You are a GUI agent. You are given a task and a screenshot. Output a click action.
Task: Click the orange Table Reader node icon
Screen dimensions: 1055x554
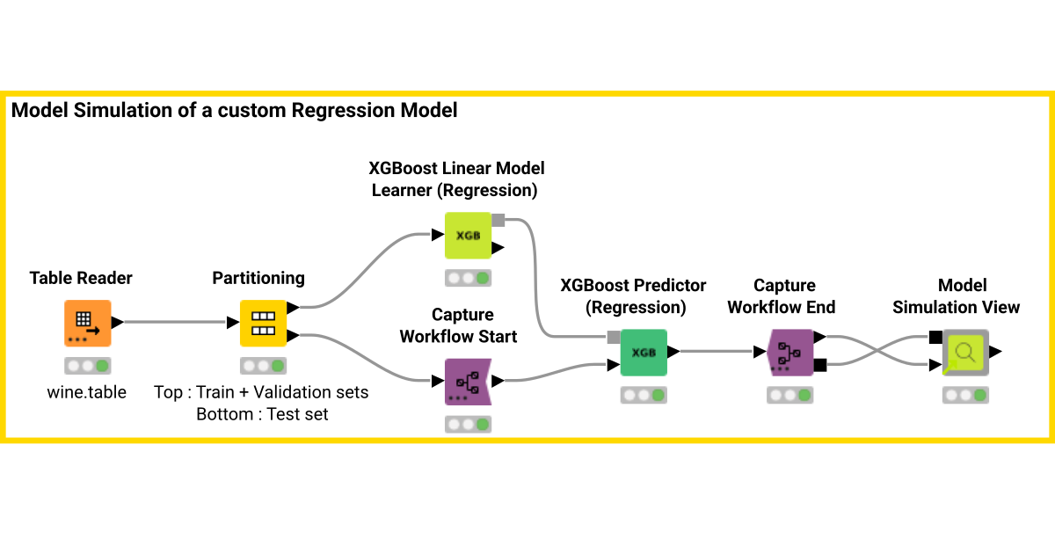pos(88,324)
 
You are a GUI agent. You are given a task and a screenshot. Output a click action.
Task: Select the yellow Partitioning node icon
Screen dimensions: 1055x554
pos(263,324)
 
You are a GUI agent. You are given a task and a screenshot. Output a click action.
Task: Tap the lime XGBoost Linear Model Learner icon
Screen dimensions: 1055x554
pos(468,236)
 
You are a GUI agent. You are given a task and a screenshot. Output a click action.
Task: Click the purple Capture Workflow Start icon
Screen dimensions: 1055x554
pos(468,382)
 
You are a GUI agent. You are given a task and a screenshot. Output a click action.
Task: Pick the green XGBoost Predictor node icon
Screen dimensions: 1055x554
pos(644,353)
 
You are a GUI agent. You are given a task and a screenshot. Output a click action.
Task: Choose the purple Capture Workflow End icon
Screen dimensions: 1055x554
pos(790,353)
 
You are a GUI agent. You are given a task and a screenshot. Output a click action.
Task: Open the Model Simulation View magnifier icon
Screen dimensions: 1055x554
pos(965,353)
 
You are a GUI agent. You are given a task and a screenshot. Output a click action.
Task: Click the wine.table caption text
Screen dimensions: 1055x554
pos(87,392)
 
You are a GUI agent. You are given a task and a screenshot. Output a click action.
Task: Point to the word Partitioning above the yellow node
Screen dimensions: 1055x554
pos(258,278)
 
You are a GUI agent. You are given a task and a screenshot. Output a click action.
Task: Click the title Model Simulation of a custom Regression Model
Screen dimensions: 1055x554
pos(234,110)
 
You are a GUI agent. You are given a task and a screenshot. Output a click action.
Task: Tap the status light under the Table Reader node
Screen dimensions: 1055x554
pos(88,366)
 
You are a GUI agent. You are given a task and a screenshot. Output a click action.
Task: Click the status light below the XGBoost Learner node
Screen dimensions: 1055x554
pos(468,278)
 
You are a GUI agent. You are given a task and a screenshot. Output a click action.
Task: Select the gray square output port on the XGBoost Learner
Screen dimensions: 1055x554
pos(498,220)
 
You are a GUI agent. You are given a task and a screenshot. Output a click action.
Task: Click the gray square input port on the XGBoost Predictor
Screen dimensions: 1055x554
pos(614,337)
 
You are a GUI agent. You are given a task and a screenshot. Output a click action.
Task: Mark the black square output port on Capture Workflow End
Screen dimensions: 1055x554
pos(820,365)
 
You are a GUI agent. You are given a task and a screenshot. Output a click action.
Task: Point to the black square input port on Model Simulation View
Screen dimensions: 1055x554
pos(935,337)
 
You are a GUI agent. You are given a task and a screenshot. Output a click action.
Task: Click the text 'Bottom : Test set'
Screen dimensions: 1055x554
pos(262,414)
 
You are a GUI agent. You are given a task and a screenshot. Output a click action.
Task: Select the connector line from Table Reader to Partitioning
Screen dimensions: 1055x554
pos(176,322)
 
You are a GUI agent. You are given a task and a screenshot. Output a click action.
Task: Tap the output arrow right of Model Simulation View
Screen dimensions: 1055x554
pos(995,352)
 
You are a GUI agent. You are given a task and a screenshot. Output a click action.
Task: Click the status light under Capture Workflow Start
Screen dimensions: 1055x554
pos(468,425)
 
